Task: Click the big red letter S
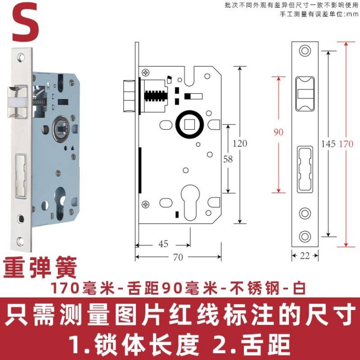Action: tap(25, 22)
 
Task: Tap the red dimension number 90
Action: tap(278, 132)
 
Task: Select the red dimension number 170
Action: tap(346, 144)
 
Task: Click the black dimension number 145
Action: tap(328, 144)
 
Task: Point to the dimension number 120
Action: tap(240, 144)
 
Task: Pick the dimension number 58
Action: tap(228, 159)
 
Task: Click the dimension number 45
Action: tap(163, 243)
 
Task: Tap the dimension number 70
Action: tap(178, 257)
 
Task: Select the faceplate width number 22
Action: tap(305, 255)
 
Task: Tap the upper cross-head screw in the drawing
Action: tap(146, 73)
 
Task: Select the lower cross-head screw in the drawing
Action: tap(145, 204)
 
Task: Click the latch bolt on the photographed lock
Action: tap(17, 102)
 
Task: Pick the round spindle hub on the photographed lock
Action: tap(61, 129)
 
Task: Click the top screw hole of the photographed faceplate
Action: tap(21, 57)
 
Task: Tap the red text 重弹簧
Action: tap(40, 267)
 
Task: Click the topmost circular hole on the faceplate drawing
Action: tap(305, 50)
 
